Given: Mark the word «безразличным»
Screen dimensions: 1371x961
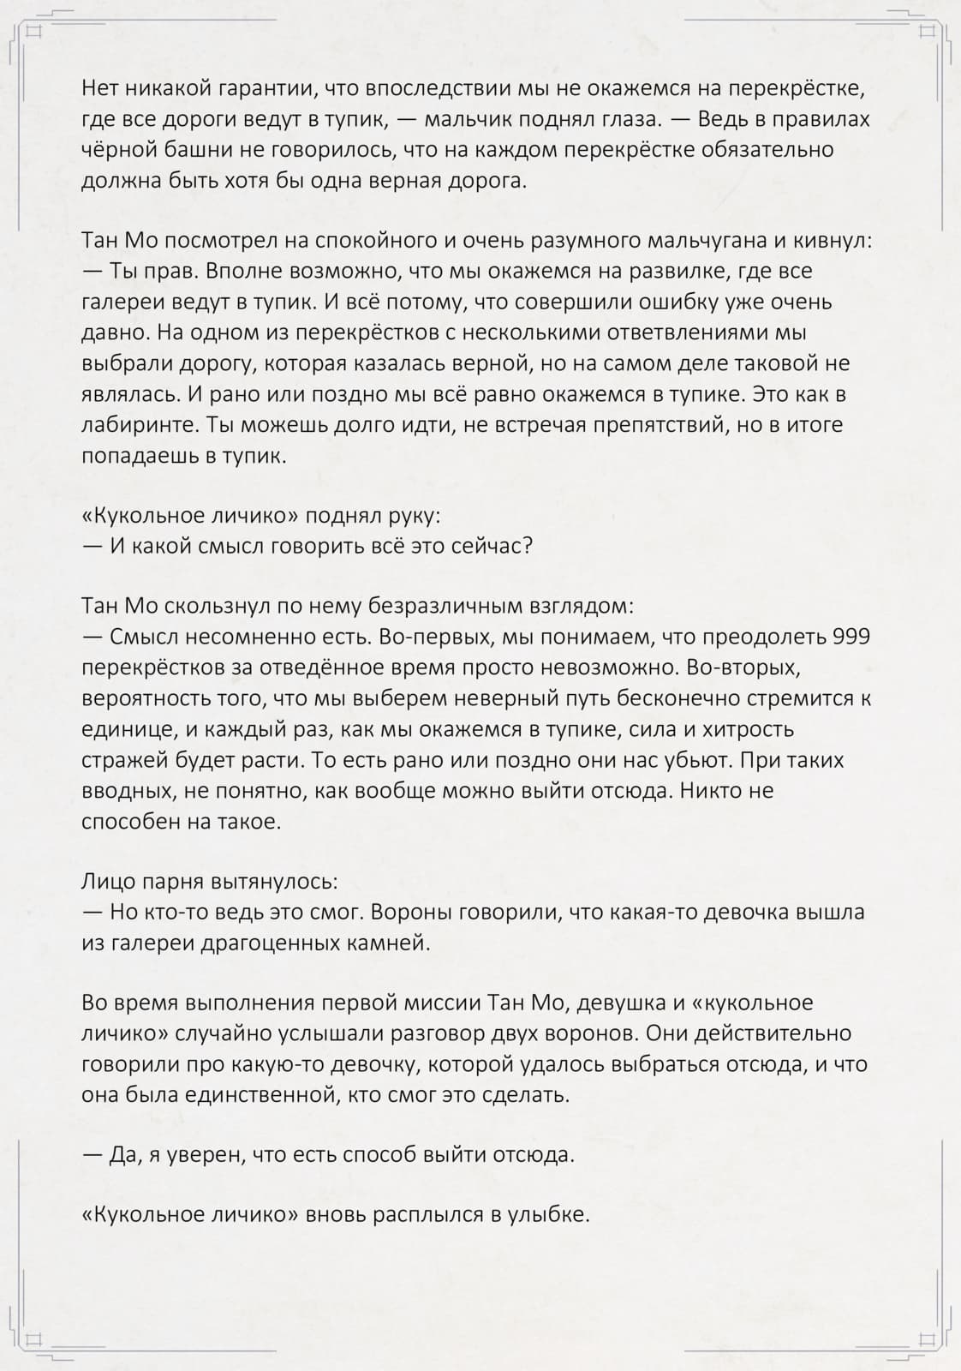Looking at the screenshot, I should (x=439, y=607).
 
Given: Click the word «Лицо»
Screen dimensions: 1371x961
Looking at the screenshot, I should (x=110, y=882).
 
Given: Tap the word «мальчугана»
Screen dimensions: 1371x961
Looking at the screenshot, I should (x=673, y=241).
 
